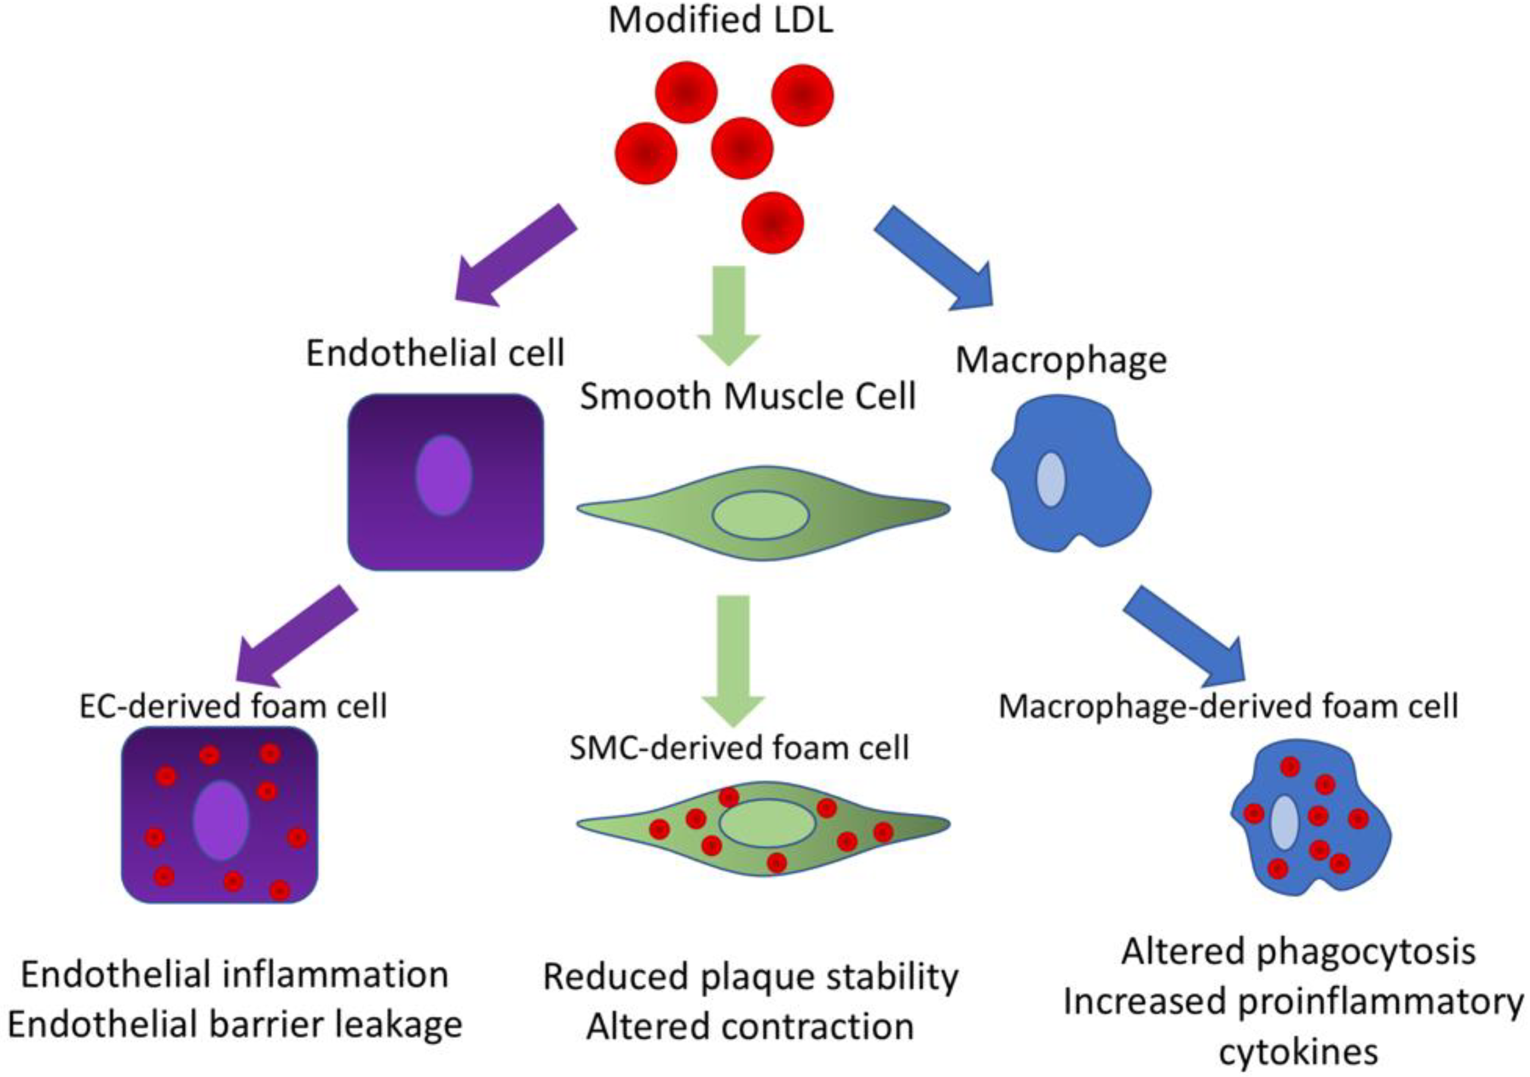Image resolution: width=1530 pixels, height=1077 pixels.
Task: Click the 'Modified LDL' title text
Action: coord(720,20)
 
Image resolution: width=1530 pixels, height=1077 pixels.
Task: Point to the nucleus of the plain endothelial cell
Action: coord(444,475)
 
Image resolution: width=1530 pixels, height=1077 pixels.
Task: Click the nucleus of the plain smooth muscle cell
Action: coord(760,515)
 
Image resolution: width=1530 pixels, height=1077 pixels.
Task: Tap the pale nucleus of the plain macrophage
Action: coord(1050,480)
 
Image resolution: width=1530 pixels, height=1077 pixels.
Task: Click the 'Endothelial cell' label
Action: coord(435,352)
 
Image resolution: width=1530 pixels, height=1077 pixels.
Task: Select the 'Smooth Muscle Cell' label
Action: coord(748,397)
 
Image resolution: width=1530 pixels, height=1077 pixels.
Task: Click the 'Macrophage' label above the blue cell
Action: coord(1061,361)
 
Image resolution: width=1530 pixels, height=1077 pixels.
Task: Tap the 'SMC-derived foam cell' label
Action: coord(739,748)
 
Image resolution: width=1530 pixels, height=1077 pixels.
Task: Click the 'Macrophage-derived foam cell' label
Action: coord(1228,706)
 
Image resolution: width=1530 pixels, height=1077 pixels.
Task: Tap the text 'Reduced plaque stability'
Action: coord(750,978)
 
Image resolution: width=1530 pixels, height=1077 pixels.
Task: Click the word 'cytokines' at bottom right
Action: coord(1298,1053)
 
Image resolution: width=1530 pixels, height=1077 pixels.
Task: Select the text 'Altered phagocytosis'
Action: coord(1298,952)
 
